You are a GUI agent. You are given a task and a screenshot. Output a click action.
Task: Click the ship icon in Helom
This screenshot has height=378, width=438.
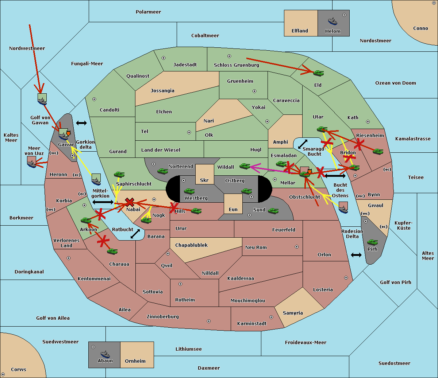(x=333, y=21)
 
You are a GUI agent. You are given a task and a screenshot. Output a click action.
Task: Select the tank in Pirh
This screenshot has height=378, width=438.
(x=372, y=242)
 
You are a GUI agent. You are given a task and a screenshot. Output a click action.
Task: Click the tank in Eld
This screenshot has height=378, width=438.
(x=319, y=73)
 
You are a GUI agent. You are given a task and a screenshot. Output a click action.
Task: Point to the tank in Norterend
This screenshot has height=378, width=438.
(x=162, y=171)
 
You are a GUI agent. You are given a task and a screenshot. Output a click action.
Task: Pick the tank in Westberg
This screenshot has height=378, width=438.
(x=189, y=191)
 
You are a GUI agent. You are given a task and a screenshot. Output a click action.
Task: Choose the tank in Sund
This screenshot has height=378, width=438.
(x=273, y=211)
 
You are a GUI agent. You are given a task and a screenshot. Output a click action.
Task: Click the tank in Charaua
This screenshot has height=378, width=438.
(x=112, y=251)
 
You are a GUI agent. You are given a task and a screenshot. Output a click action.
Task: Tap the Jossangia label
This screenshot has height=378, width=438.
(x=162, y=91)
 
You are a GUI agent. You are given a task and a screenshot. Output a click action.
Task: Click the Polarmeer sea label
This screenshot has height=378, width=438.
(x=148, y=12)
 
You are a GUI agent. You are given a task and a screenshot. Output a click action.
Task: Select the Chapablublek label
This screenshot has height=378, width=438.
(x=191, y=245)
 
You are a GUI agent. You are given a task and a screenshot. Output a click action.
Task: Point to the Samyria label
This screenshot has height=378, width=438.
(x=293, y=313)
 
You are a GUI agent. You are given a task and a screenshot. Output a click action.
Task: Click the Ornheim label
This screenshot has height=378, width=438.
(x=135, y=361)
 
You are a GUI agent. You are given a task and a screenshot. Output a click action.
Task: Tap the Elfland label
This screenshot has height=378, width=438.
(x=300, y=31)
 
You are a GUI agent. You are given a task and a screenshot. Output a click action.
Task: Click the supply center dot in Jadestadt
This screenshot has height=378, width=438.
(x=164, y=58)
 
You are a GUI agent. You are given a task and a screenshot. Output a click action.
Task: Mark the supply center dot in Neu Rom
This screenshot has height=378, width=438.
(x=297, y=247)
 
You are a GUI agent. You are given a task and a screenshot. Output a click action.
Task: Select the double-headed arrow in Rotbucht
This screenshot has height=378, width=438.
(x=135, y=234)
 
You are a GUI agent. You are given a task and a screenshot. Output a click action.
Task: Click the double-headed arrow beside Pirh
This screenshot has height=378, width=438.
(x=356, y=255)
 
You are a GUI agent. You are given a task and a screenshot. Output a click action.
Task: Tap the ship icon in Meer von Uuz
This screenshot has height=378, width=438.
(x=32, y=162)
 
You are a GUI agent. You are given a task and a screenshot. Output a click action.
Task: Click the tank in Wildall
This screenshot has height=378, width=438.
(x=245, y=166)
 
